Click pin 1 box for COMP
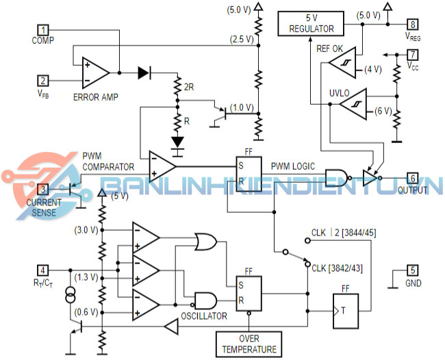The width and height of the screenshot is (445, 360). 43,30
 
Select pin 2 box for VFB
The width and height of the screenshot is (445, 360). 43,80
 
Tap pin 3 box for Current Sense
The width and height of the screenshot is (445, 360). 43,190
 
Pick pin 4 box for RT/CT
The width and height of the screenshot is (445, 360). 43,269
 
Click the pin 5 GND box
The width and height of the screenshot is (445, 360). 413,269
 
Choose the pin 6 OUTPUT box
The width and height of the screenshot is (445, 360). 413,178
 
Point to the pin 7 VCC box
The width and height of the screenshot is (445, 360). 413,54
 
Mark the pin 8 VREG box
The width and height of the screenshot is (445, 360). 413,23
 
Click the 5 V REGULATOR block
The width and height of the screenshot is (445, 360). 311,24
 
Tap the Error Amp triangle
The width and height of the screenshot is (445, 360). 94,71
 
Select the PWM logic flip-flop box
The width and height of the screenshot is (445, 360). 249,176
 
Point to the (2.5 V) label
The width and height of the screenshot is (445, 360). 242,39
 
